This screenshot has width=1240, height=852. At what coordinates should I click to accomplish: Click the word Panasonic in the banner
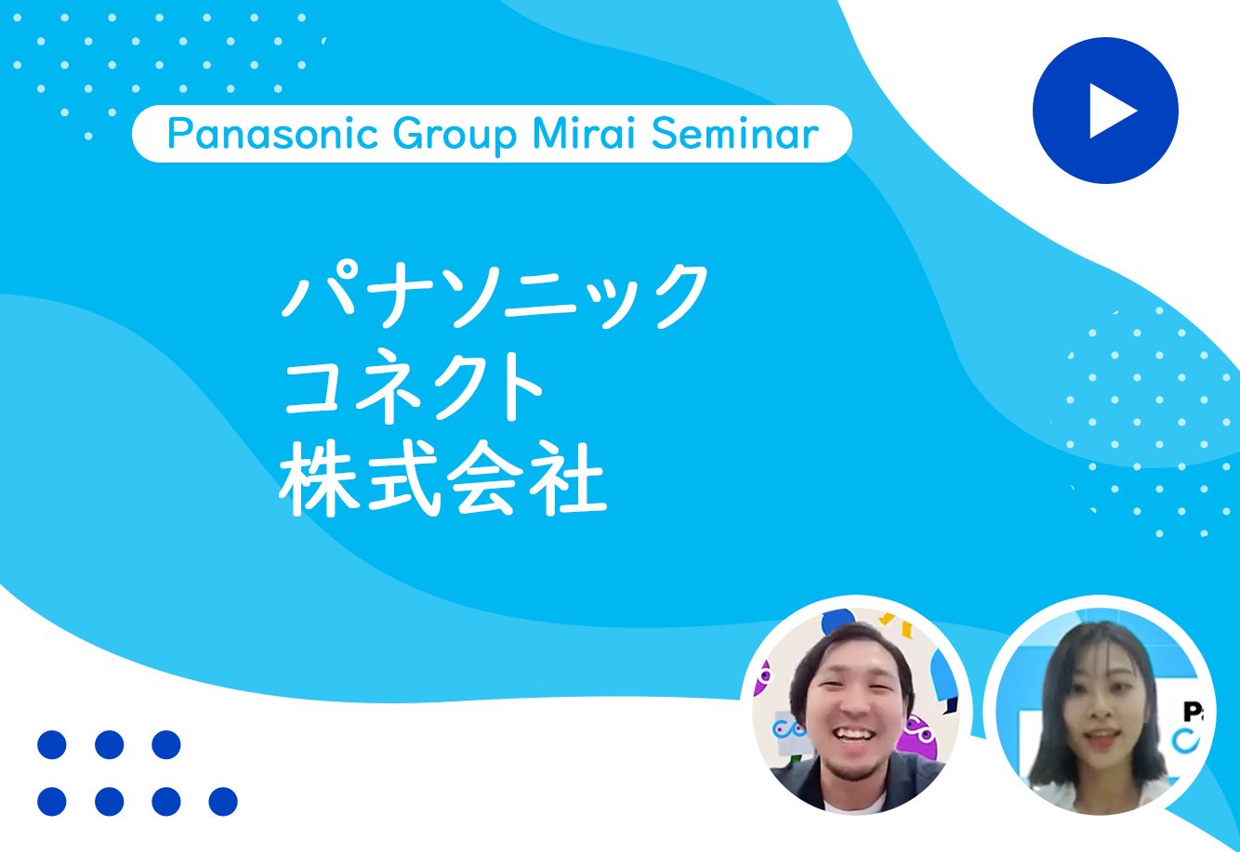point(272,134)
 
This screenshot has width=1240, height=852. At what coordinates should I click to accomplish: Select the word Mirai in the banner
point(584,134)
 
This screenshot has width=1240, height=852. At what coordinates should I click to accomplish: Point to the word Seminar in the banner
point(734,134)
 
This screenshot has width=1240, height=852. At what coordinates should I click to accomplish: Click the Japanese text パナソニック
point(495,295)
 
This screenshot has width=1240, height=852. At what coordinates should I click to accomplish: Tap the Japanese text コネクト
point(413,387)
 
